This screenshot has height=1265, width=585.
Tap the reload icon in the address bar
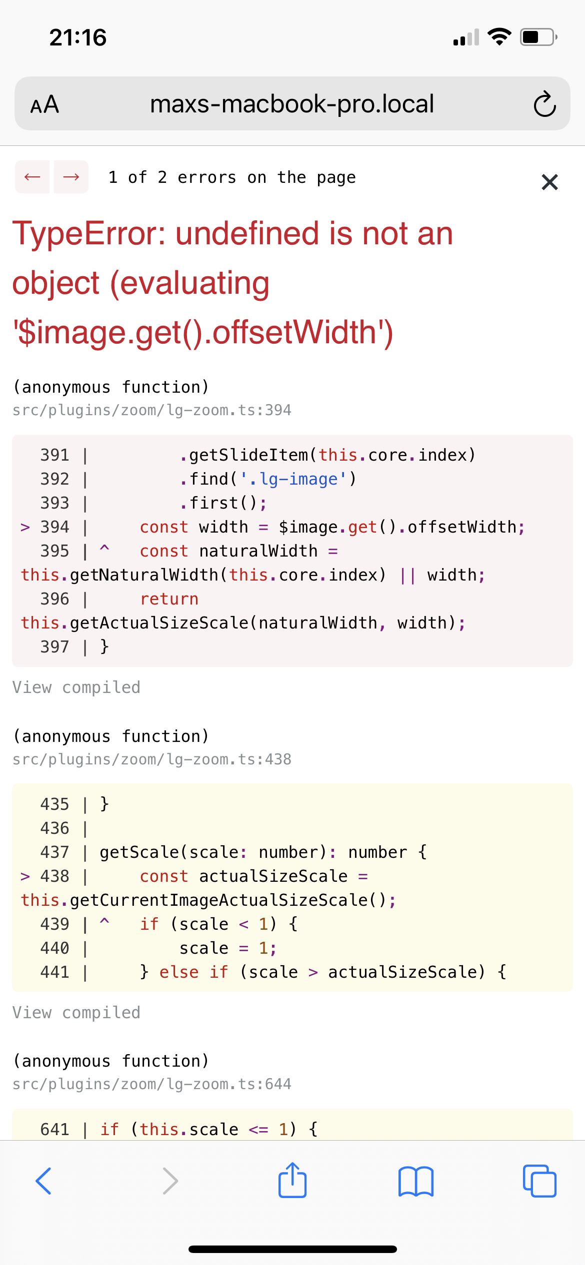click(x=544, y=104)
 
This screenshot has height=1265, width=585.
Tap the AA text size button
click(x=44, y=105)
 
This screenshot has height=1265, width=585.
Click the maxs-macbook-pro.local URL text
click(x=292, y=104)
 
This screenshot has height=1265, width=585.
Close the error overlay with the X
click(x=549, y=182)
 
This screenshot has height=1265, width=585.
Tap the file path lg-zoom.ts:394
click(x=152, y=410)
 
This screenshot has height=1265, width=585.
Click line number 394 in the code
click(x=54, y=527)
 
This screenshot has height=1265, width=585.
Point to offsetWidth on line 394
click(x=462, y=527)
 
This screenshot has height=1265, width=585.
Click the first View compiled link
click(x=76, y=687)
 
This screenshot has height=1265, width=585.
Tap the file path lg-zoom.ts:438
click(x=152, y=759)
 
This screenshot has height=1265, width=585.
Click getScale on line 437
click(x=139, y=852)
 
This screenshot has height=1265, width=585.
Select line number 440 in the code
click(x=54, y=948)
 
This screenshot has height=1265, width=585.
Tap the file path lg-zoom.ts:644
click(x=152, y=1084)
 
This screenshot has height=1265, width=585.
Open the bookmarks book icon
click(x=416, y=1182)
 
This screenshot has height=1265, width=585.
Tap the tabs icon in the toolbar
click(x=539, y=1181)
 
